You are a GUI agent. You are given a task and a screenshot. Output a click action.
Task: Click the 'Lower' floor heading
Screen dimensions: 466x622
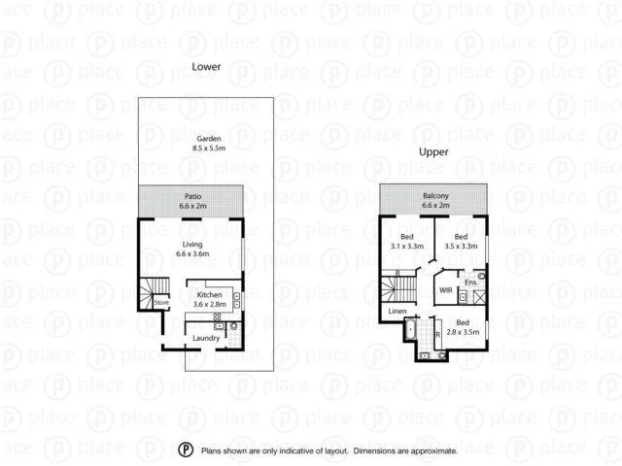pos(205,66)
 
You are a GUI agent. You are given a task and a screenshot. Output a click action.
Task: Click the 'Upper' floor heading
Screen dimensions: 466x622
pos(432,152)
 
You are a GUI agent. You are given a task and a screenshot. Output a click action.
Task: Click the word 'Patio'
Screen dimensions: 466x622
pos(192,196)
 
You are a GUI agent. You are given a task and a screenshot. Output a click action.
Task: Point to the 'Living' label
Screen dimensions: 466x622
pos(192,244)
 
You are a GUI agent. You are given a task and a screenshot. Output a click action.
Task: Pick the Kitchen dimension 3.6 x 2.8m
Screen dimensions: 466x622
pos(211,304)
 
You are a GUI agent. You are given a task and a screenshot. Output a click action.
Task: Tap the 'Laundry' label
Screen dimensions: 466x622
pos(206,338)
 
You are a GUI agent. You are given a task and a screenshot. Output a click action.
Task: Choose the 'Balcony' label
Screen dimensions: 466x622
pos(434,195)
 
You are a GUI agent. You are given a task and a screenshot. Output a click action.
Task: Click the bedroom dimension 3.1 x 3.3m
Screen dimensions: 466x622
pos(406,247)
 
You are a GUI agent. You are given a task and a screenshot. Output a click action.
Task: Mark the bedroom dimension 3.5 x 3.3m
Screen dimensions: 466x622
pos(461,247)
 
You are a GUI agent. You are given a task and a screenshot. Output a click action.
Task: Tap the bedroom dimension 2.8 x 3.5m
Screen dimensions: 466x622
pos(463,332)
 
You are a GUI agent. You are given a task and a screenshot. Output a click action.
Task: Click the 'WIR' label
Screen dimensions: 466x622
pos(445,289)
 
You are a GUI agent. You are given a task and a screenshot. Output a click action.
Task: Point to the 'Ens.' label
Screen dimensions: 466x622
pos(470,283)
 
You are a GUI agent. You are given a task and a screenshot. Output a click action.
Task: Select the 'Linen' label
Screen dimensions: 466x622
pos(397,311)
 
